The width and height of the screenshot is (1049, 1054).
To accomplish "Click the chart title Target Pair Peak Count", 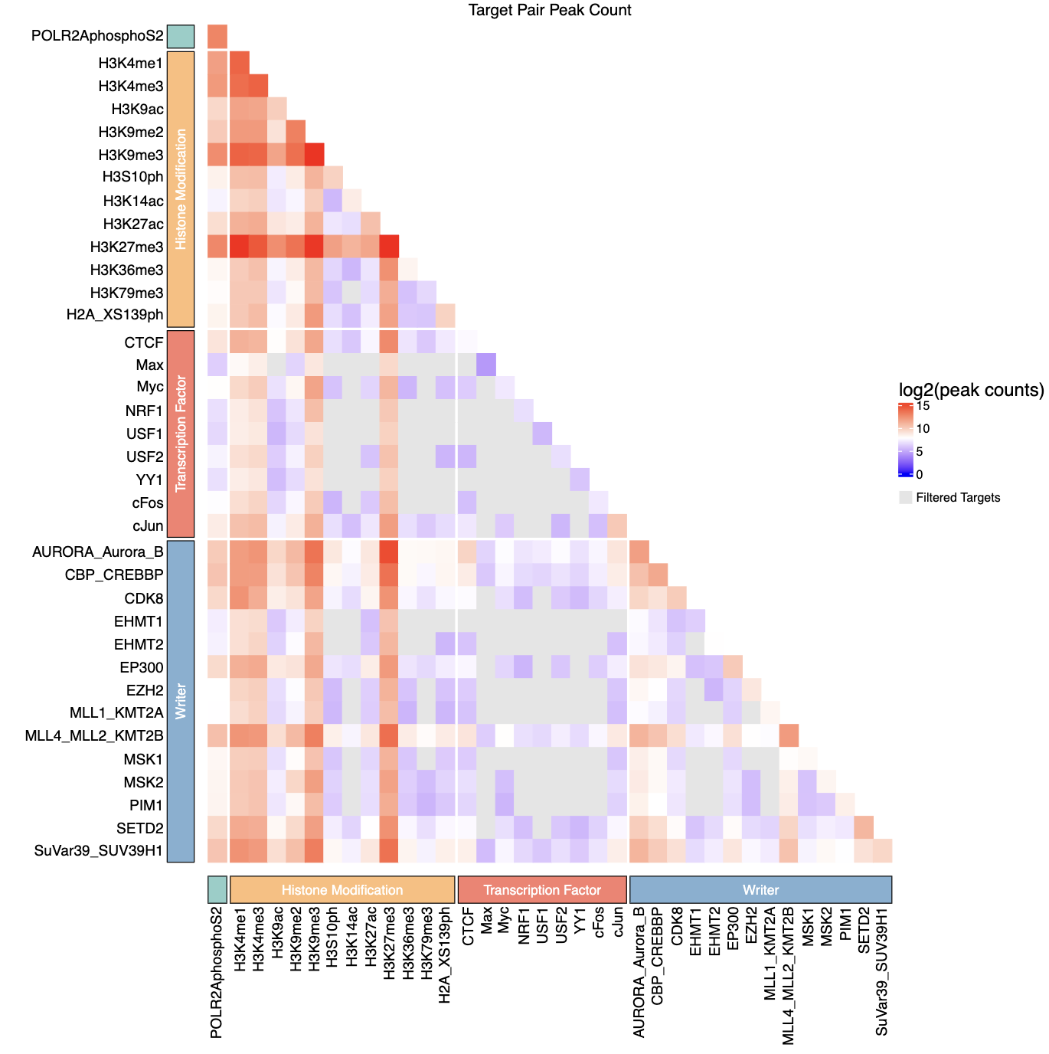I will pos(550,10).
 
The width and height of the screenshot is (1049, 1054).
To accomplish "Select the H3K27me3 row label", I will pos(126,247).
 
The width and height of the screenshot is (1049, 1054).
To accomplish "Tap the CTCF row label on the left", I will pos(144,342).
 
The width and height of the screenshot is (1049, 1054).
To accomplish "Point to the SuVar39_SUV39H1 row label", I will pos(99,851).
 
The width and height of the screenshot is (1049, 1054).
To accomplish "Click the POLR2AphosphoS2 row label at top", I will pos(97,36).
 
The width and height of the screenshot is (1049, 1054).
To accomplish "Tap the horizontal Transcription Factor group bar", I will pos(542,890).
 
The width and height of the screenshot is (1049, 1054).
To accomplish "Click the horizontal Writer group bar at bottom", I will pos(760,890).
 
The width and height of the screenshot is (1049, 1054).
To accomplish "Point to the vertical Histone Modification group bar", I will pos(181,189).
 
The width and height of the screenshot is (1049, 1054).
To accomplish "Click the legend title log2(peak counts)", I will pos(971,390).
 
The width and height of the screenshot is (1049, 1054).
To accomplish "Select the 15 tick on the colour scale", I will pos(923,406).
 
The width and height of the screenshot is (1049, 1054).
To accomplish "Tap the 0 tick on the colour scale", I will pos(920,475).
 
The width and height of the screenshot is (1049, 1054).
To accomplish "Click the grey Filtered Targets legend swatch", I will pos(906,498).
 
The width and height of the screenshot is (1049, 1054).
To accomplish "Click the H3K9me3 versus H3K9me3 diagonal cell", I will pos(314,155).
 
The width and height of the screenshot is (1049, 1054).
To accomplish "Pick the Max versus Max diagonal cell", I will pos(486,365).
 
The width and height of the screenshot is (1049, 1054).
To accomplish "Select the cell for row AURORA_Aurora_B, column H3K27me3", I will pos(389,552).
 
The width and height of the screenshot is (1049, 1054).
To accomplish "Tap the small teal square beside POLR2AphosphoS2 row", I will pos(181,36).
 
